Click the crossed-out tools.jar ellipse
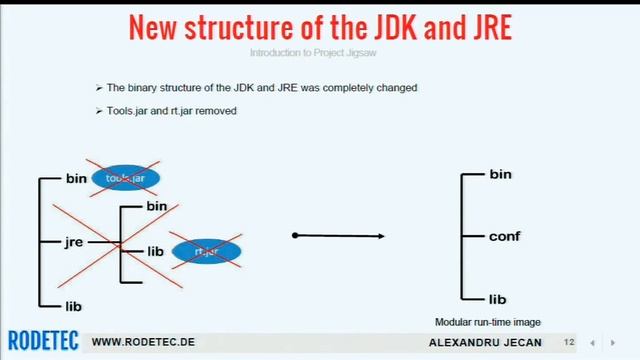coord(125,178)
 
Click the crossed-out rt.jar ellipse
coord(206,250)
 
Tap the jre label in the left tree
coord(73,242)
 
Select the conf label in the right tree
coord(505,237)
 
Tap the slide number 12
coord(569,342)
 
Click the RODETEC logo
coord(42,341)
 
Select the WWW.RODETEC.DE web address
coord(143,342)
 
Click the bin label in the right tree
coord(500,174)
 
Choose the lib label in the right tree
coord(498,299)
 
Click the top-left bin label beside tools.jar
coord(76,179)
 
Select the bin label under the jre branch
coord(157,206)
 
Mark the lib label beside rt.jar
coord(155,251)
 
